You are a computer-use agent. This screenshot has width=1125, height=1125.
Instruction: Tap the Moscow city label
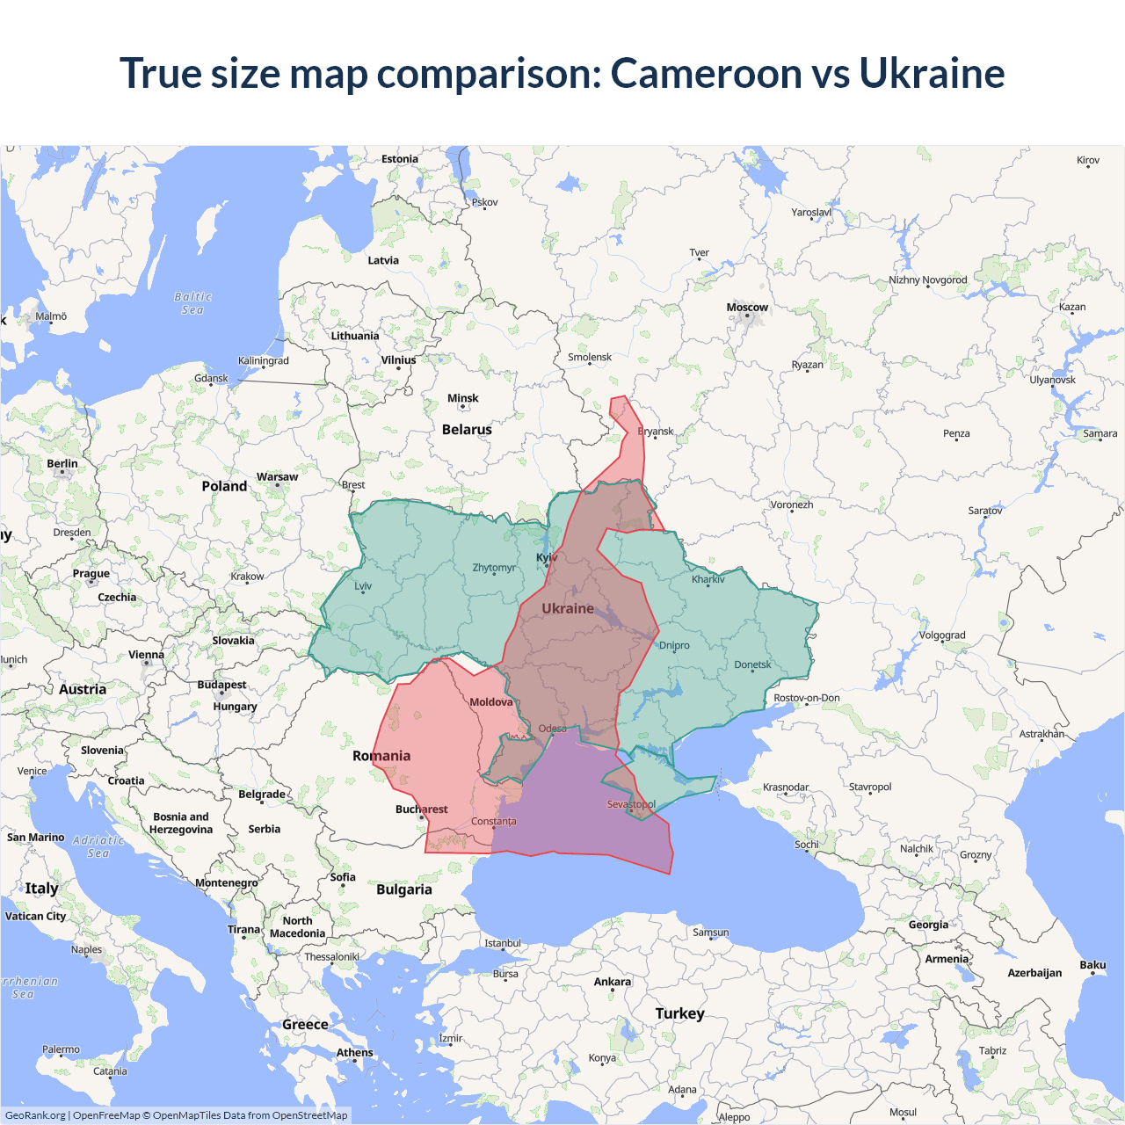coord(747,308)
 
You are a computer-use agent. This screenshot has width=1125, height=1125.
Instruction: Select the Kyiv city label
coord(547,557)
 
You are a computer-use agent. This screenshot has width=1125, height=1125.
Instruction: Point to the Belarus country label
coord(467,430)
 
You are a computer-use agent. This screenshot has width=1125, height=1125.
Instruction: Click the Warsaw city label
coord(277,477)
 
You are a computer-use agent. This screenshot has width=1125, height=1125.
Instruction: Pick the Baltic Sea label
coord(192,303)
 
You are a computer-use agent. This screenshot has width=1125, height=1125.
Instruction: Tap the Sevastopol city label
coord(631,804)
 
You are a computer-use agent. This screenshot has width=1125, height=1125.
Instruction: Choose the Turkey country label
coord(679,1013)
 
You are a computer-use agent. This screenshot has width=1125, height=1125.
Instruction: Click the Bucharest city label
coord(421,809)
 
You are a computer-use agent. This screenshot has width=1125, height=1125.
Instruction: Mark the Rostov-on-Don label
coord(806,698)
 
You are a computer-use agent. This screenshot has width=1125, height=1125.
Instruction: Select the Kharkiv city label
coord(708,579)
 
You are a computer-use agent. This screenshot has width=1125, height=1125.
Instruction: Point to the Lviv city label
coord(363,586)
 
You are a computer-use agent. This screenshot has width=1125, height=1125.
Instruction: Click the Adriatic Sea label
coord(98,846)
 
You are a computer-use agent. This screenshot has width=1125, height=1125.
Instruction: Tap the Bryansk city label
coord(656,432)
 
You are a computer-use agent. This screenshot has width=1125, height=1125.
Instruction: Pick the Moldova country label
coord(490,702)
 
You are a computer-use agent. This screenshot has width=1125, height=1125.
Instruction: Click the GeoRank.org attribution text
coord(35,1115)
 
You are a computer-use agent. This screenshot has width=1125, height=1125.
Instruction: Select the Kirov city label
coord(1088,160)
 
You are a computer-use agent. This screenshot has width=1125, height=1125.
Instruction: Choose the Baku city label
coord(1092,965)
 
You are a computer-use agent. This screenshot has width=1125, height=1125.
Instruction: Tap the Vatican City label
coord(35,916)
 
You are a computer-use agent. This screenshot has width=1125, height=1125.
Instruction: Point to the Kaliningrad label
coord(263,360)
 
